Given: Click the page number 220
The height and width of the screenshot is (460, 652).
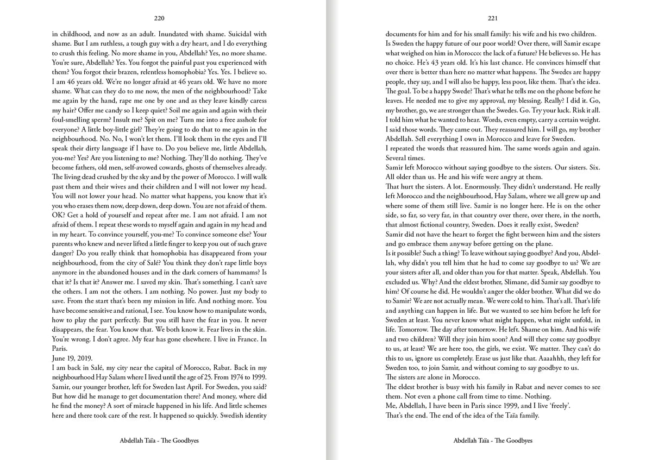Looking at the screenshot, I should (159, 17).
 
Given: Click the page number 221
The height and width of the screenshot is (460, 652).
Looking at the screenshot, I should (493, 17).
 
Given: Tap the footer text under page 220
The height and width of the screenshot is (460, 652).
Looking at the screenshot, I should (159, 440).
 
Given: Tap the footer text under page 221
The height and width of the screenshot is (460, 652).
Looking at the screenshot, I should (493, 440).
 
